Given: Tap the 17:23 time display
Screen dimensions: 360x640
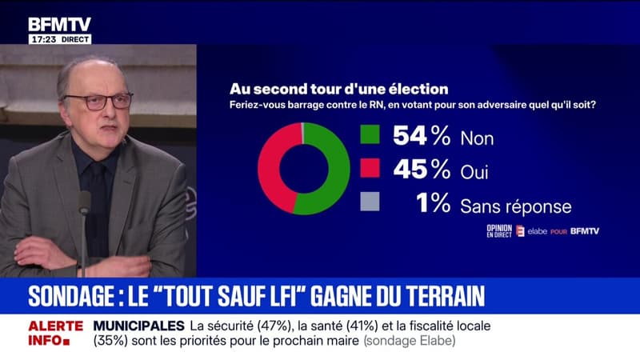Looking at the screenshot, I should click(42, 38).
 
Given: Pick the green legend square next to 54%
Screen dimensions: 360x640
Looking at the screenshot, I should click(370, 135).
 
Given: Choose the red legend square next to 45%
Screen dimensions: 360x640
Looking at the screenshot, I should click(370, 170).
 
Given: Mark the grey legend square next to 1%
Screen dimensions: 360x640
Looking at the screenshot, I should click(370, 205).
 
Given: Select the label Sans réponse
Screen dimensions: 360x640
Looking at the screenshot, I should click(515, 206).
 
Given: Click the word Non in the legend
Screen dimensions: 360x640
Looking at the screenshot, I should click(477, 138).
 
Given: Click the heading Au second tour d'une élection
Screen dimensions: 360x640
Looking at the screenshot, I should click(338, 88).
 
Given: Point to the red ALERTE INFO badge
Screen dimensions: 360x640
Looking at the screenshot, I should click(56, 332).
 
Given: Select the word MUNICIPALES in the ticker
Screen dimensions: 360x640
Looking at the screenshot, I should click(138, 326).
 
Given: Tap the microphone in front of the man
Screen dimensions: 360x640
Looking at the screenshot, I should click(84, 203).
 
